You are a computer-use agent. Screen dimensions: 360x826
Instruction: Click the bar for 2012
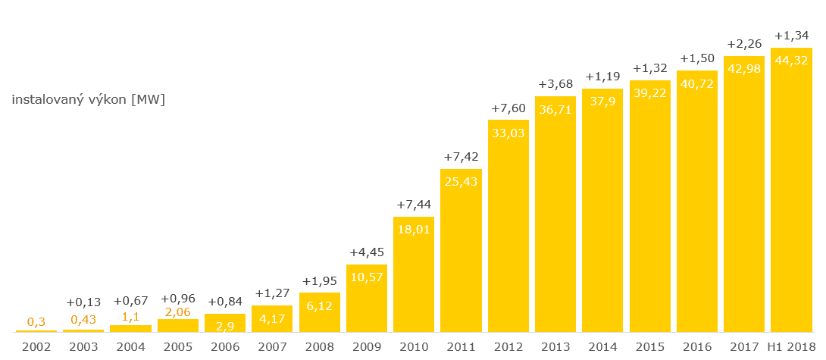point(508,227)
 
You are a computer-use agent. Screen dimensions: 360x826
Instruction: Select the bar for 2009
point(367,299)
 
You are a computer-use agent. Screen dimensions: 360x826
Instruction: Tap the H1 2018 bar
point(791,189)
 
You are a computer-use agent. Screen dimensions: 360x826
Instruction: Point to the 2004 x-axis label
point(130,346)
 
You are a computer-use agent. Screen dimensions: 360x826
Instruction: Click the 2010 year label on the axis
point(414,346)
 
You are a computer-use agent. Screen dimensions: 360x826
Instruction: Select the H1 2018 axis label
point(791,346)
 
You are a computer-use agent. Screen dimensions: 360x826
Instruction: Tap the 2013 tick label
point(555,346)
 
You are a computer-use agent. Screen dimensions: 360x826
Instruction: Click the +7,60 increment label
point(508,108)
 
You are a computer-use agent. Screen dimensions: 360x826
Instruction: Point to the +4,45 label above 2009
point(367,252)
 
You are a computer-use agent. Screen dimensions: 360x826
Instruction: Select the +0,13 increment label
point(83,302)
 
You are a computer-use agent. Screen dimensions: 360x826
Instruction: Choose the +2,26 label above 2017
point(743,43)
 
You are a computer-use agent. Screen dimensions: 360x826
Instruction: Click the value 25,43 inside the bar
point(461,181)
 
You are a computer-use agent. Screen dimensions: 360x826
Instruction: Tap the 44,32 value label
point(791,60)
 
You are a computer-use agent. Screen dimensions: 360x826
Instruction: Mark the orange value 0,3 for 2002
point(36,321)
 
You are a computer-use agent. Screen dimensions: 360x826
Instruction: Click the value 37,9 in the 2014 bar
point(602,101)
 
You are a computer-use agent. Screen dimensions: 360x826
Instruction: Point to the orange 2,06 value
point(177,311)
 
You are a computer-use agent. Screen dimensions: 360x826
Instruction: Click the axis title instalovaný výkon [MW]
point(88,100)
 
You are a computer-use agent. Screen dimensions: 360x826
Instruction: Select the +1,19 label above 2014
point(602,77)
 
